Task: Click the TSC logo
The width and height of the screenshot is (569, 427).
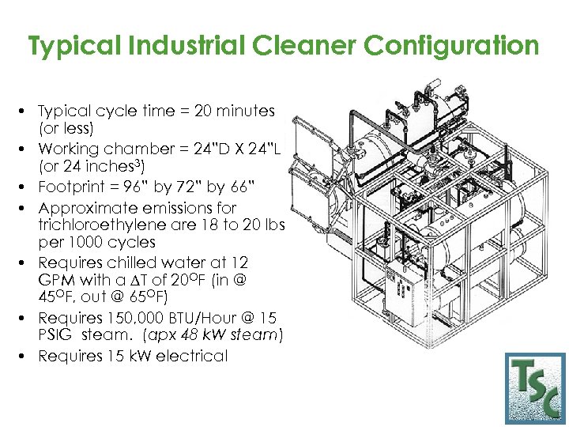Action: pyautogui.click(x=536, y=388)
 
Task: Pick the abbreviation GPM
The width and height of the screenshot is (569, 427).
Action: pyautogui.click(x=55, y=280)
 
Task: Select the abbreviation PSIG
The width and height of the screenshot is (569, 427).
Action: pyautogui.click(x=55, y=335)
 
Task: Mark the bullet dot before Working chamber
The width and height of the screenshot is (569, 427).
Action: pyautogui.click(x=27, y=149)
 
